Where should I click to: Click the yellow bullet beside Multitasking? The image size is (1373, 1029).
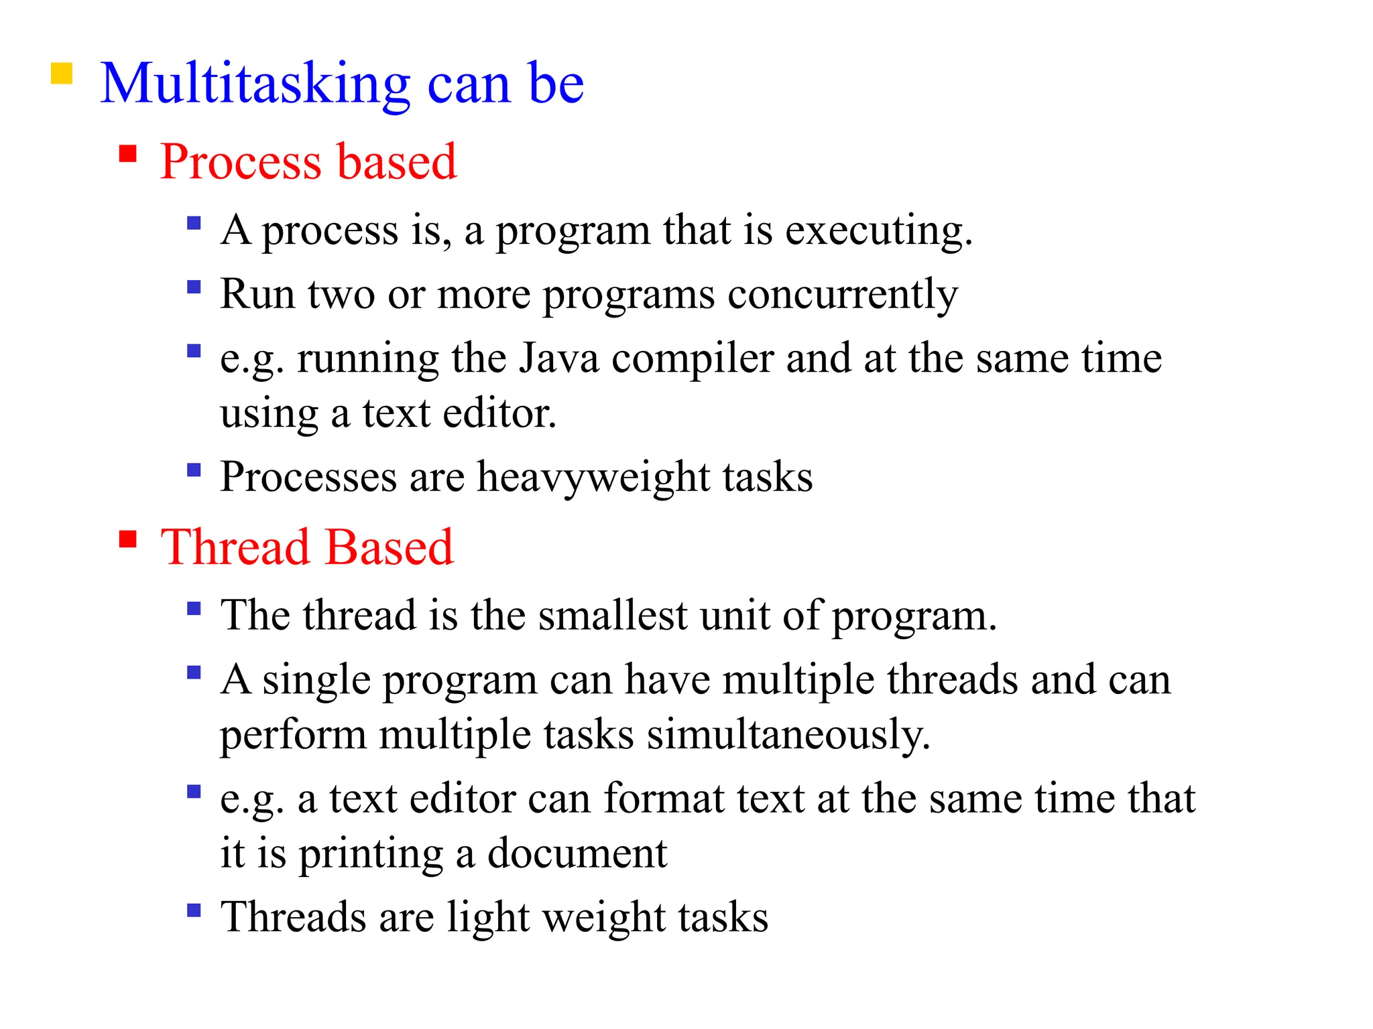[62, 73]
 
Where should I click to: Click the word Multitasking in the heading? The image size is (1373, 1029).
[255, 84]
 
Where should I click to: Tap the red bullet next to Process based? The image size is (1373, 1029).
[127, 155]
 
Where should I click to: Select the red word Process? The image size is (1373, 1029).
[241, 162]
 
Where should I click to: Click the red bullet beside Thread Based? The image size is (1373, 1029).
[127, 539]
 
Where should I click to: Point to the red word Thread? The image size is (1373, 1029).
[235, 547]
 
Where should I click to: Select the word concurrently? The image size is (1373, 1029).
[843, 295]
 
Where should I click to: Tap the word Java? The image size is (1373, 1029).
[559, 358]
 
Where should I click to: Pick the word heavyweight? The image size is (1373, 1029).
[593, 478]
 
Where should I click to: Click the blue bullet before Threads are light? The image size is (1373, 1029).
[194, 910]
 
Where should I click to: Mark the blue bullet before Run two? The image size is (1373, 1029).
[194, 287]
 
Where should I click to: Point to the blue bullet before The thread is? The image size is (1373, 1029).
[194, 608]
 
